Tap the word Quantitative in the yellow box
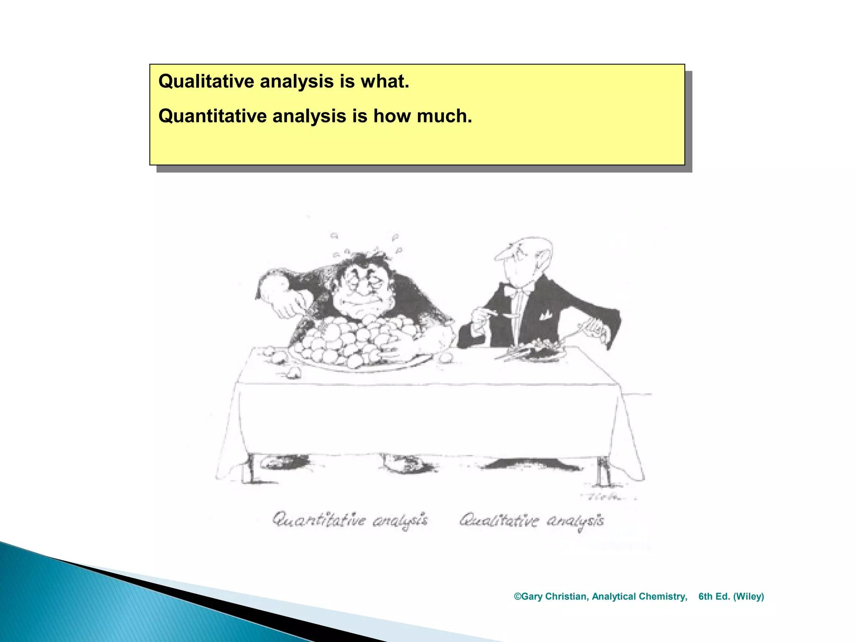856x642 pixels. (212, 116)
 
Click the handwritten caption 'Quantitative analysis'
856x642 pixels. (350, 521)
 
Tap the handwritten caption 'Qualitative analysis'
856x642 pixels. (532, 521)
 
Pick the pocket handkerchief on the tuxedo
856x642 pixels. (545, 316)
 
